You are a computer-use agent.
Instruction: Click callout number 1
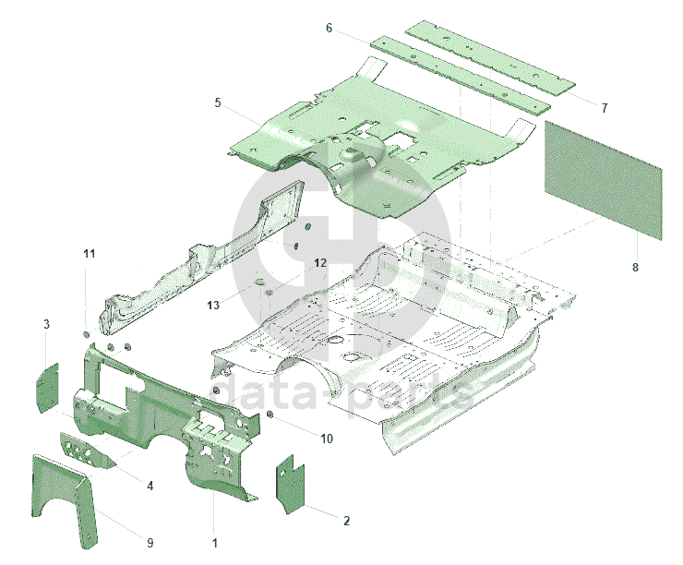click(x=214, y=543)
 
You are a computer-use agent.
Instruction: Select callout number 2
click(x=346, y=521)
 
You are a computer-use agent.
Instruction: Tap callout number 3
click(x=46, y=324)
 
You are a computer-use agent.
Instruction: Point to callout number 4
click(x=150, y=486)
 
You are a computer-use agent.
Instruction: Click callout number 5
click(x=218, y=102)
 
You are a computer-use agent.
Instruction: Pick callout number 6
click(x=329, y=28)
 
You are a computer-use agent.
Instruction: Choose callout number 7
click(x=605, y=108)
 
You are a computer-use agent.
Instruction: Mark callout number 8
click(x=635, y=267)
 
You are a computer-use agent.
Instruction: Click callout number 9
click(x=150, y=543)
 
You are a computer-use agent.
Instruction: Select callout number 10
click(x=327, y=439)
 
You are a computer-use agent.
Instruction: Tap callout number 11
click(x=90, y=254)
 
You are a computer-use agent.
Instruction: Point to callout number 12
click(x=320, y=263)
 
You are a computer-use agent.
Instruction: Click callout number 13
click(x=213, y=305)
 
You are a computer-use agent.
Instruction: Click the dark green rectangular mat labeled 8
click(x=604, y=180)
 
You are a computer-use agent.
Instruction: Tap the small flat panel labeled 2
click(x=290, y=484)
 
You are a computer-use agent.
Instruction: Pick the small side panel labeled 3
click(x=48, y=387)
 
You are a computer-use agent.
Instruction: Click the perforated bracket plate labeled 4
click(x=87, y=451)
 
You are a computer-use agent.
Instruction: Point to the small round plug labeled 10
click(x=270, y=414)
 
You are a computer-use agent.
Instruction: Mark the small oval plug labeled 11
click(x=86, y=334)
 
